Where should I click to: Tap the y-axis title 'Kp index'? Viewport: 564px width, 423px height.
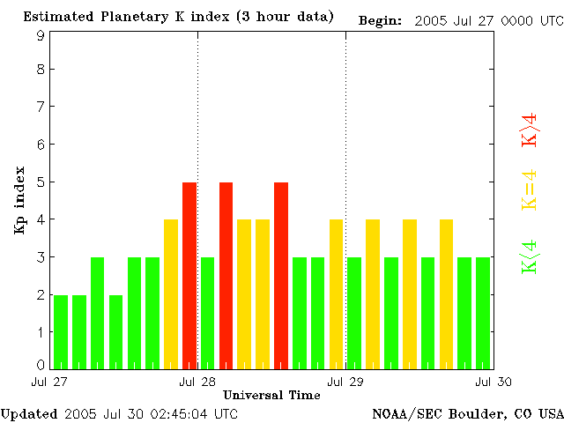(19, 200)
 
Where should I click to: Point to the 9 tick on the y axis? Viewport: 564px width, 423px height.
(41, 35)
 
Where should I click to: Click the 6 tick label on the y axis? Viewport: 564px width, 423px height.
(41, 144)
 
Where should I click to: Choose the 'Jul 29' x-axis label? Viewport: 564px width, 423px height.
(344, 382)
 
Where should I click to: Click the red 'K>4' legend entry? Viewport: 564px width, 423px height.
(530, 130)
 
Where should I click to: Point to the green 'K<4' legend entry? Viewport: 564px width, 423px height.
(530, 257)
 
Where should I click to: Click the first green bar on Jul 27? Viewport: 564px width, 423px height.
(61, 331)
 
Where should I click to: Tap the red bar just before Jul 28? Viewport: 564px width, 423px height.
(189, 275)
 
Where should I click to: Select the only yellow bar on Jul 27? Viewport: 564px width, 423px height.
(171, 293)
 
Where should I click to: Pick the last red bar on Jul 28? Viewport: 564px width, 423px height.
(281, 275)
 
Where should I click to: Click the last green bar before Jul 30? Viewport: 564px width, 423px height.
(483, 313)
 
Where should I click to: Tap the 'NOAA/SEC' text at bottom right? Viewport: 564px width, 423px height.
(404, 412)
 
